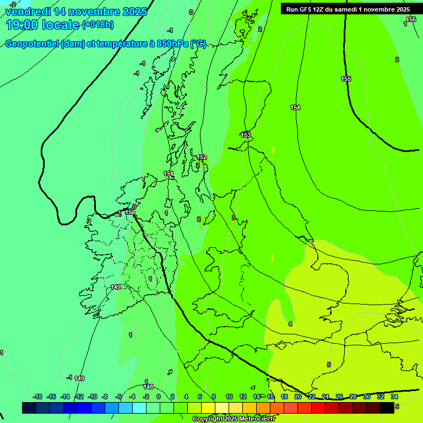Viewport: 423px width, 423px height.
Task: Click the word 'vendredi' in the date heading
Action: click(x=24, y=12)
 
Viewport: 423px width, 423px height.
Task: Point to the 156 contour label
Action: click(x=411, y=19)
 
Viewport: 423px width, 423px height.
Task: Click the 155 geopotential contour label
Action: click(x=346, y=79)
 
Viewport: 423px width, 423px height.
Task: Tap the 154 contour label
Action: click(x=295, y=107)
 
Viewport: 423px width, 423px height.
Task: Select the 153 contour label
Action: click(x=246, y=135)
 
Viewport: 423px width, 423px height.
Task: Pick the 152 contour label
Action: click(x=202, y=157)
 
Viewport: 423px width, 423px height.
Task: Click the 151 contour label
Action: click(x=169, y=174)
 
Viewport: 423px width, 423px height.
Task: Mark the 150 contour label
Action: click(x=130, y=212)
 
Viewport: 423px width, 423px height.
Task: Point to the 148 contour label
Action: click(x=148, y=387)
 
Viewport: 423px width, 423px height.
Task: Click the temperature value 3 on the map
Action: click(x=233, y=218)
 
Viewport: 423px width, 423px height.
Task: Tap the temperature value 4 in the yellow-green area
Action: click(x=290, y=324)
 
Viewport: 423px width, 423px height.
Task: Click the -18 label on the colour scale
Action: click(x=37, y=397)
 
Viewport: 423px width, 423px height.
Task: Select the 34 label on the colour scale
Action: click(x=394, y=397)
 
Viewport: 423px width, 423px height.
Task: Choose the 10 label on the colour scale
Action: click(x=229, y=397)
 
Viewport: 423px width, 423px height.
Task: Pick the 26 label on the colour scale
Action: click(x=339, y=397)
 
